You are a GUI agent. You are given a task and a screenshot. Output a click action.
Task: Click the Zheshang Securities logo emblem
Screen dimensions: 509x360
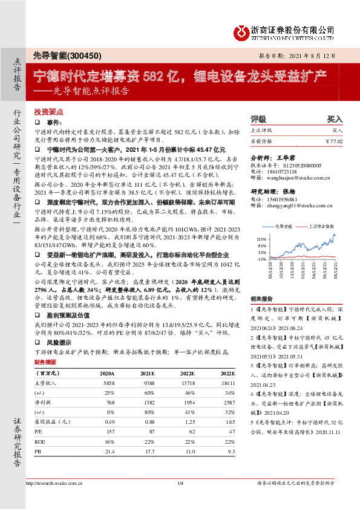pyautogui.click(x=243, y=30)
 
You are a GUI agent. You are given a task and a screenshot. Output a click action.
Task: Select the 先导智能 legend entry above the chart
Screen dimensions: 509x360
pyautogui.click(x=284, y=226)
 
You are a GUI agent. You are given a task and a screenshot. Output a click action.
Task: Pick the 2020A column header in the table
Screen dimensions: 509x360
pyautogui.click(x=106, y=374)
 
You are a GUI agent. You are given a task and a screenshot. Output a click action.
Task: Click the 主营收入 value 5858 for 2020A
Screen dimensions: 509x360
pyautogui.click(x=109, y=383)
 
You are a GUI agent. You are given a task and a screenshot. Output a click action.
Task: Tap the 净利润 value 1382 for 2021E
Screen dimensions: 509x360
pyautogui.click(x=149, y=402)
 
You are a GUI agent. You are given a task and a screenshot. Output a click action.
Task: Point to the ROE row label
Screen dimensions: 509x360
pyautogui.click(x=39, y=441)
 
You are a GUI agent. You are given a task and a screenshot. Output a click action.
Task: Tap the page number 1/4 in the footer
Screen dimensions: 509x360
pyautogui.click(x=180, y=482)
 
